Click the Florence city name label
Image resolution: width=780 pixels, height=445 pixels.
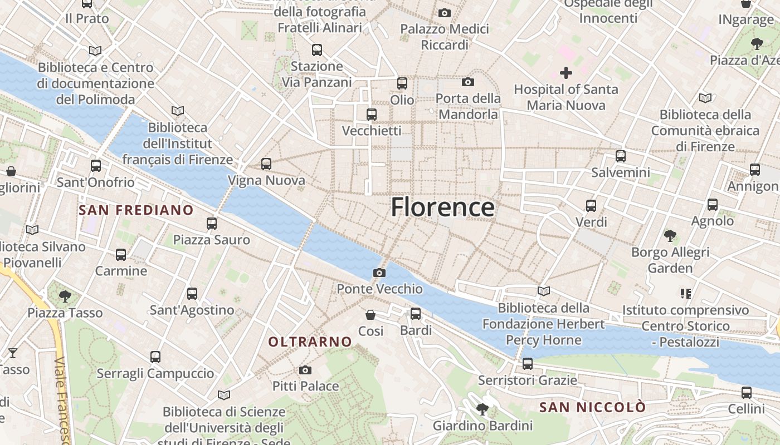[x=442, y=207]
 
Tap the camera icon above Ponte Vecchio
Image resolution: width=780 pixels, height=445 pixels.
[x=379, y=273]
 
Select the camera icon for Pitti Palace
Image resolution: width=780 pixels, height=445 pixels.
[x=305, y=370]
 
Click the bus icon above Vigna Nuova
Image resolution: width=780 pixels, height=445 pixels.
[x=266, y=164]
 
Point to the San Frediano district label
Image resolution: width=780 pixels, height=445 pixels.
[x=136, y=210]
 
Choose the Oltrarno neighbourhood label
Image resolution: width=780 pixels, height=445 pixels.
[x=310, y=342]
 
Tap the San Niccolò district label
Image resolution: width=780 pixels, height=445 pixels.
[x=593, y=407]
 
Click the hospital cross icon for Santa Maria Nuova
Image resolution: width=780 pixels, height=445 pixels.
[x=566, y=73]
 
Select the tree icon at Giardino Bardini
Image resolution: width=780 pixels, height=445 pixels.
[x=482, y=410]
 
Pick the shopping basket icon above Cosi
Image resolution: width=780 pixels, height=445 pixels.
[x=370, y=315]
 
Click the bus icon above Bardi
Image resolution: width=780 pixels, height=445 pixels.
[x=416, y=314]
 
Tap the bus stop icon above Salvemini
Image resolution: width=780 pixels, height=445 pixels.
[x=621, y=156]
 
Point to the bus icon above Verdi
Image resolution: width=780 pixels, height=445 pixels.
[x=591, y=206]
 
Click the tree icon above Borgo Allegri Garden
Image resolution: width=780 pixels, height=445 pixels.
[x=670, y=236]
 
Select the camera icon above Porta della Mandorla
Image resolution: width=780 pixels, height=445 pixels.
[x=468, y=82]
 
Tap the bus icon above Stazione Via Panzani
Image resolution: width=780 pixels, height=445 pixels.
[x=317, y=50]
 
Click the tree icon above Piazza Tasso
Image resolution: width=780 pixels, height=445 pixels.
[x=65, y=296]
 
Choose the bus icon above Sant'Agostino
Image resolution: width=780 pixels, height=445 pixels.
[x=192, y=293]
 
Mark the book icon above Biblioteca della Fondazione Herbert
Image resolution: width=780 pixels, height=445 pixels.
[x=544, y=291]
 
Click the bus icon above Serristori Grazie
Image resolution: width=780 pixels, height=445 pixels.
[x=528, y=364]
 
